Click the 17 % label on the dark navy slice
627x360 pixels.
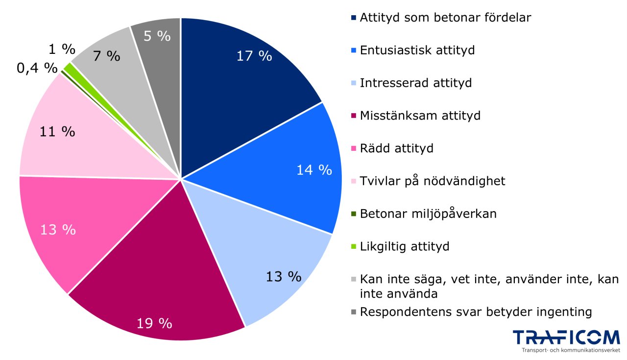[x=254, y=56]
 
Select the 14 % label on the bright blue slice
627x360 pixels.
[x=314, y=170]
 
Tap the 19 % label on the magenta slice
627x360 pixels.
[x=154, y=323]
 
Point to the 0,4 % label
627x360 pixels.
[x=37, y=68]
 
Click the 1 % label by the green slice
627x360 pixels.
[x=62, y=49]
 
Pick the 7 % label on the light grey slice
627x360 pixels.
[x=106, y=56]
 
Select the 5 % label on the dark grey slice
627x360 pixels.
[x=157, y=36]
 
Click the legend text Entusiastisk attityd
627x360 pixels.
[x=417, y=50]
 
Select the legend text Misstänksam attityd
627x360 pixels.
[x=420, y=116]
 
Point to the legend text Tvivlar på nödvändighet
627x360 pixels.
[x=432, y=181]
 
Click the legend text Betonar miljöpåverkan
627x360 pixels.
[x=428, y=214]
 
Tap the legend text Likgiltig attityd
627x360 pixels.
[x=404, y=246]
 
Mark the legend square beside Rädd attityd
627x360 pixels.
[x=354, y=148]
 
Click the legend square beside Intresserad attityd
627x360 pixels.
[x=354, y=83]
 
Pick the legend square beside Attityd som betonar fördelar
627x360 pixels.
[x=354, y=18]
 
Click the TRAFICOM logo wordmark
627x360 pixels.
[x=566, y=338]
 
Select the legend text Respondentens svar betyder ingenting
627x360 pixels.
[x=476, y=312]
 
